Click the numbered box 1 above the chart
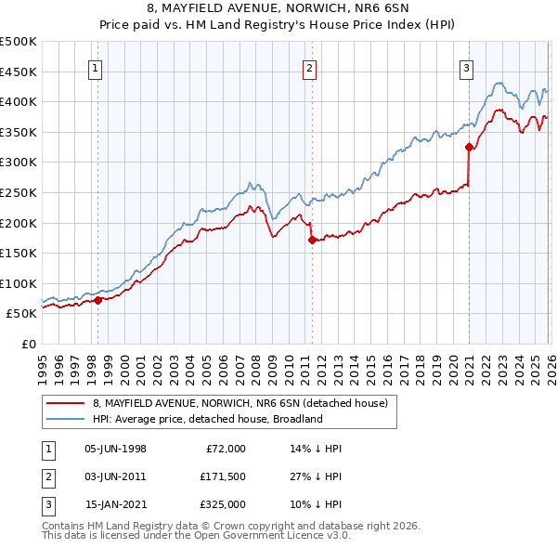[97, 67]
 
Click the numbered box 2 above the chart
[309, 67]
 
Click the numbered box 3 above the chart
[466, 67]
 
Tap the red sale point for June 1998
[97, 299]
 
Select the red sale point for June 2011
[311, 240]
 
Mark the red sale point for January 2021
[469, 146]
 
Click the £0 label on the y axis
[29, 344]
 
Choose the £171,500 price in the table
[222, 476]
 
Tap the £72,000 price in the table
[226, 448]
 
